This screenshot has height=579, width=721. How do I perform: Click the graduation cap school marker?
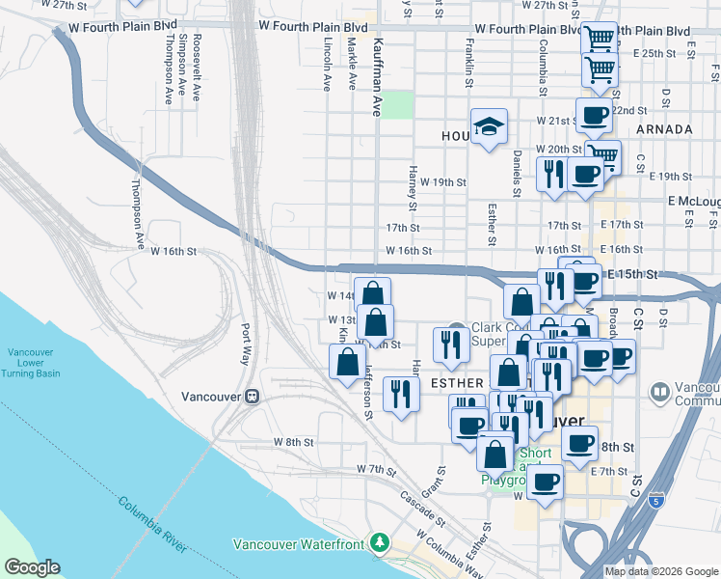coord(490,126)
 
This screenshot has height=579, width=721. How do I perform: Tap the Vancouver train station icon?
coord(252,397)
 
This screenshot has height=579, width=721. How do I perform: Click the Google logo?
coord(32,567)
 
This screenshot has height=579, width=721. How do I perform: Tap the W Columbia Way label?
coord(449,553)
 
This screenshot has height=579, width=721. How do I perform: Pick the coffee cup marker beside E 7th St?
coord(546,482)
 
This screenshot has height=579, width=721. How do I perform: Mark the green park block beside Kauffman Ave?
coord(398,104)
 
